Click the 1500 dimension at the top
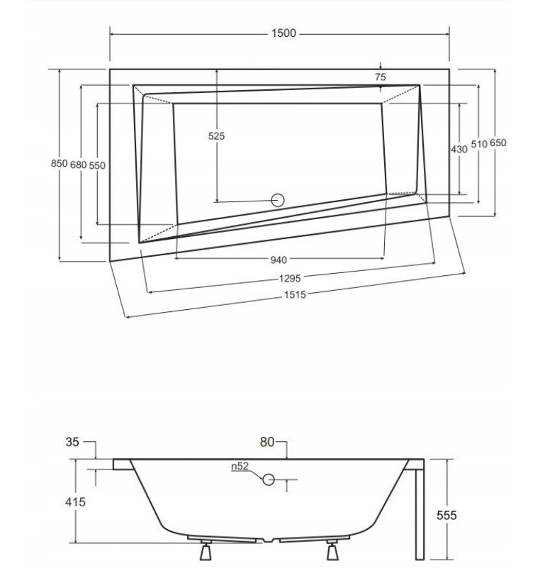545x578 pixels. click(283, 33)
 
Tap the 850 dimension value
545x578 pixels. click(59, 163)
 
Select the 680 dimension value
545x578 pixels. click(78, 165)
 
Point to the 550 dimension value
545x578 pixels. click(97, 165)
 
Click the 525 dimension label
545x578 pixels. click(216, 136)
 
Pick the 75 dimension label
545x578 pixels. click(381, 77)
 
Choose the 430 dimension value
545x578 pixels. click(459, 150)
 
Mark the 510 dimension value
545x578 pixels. click(479, 144)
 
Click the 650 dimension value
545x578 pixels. click(498, 143)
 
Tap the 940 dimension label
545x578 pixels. click(279, 260)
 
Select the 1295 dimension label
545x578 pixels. click(290, 279)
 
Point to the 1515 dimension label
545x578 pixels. click(295, 294)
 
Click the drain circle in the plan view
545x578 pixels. click(278, 200)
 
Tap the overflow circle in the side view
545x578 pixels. click(269, 479)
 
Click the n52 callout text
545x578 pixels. click(240, 467)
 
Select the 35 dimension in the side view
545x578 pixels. click(72, 442)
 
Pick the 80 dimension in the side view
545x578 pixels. click(267, 442)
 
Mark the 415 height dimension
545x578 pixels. click(75, 501)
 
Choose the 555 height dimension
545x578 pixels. click(446, 515)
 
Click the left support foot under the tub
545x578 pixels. click(206, 551)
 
